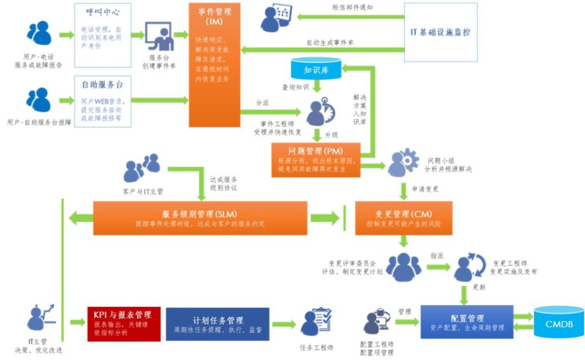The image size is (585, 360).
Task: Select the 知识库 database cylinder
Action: tap(315, 70)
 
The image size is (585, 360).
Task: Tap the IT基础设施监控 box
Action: tap(440, 32)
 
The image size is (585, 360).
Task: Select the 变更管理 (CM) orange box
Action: tap(403, 218)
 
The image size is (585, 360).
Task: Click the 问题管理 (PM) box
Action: tap(316, 160)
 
